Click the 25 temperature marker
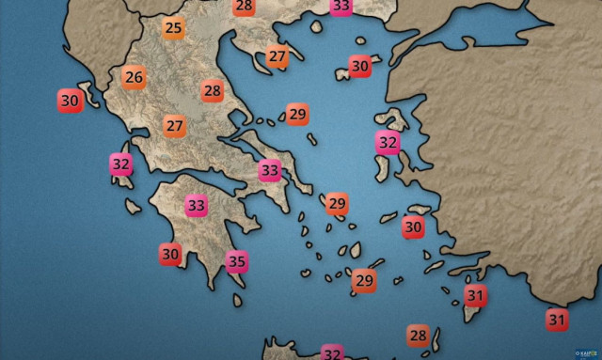click(x=173, y=28)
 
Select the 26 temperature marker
click(x=134, y=77)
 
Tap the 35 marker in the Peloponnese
click(x=236, y=261)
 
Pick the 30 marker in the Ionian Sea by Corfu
click(x=70, y=100)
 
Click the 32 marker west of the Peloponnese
click(x=121, y=164)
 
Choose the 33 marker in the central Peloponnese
click(x=197, y=205)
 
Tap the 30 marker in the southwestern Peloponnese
click(x=170, y=254)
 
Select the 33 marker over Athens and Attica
click(x=271, y=171)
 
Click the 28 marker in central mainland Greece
click(x=213, y=91)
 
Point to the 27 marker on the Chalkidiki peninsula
click(x=277, y=56)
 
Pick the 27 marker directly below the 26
click(x=175, y=126)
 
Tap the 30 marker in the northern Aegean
click(x=360, y=67)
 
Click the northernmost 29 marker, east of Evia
click(x=297, y=115)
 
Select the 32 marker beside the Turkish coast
click(x=388, y=143)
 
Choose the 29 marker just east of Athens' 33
click(x=337, y=203)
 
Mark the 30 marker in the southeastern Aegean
click(x=413, y=227)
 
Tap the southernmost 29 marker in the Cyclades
click(x=364, y=280)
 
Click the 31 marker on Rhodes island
click(x=476, y=296)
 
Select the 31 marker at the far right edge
click(x=557, y=321)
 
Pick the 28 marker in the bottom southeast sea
click(x=418, y=336)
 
